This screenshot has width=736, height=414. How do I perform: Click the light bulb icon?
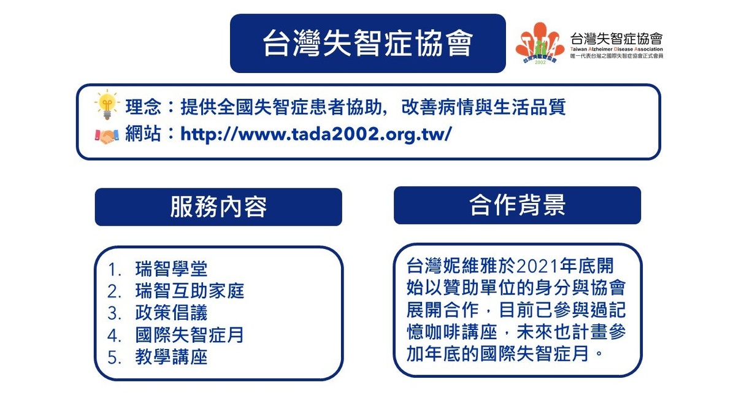point(107,104)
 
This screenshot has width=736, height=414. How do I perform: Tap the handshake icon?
point(107,136)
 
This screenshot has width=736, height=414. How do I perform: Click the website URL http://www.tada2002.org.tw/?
point(316,134)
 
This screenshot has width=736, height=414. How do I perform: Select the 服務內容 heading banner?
point(218,207)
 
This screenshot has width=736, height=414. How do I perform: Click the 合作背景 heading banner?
point(517,205)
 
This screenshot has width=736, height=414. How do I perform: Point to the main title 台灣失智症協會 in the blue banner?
point(367,43)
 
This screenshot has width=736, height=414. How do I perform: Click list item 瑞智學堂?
point(171,269)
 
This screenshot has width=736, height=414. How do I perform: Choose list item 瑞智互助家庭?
point(190,291)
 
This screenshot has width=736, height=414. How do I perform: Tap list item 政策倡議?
point(171,312)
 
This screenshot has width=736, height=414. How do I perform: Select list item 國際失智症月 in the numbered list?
point(190,335)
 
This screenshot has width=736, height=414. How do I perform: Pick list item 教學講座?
point(171,357)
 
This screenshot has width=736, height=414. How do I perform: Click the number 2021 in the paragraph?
point(538,266)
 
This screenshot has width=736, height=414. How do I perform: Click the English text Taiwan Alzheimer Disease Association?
point(616,49)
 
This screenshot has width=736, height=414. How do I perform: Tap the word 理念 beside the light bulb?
point(144,107)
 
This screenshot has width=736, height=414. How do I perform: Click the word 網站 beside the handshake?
point(144,134)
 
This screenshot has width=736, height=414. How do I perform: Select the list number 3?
point(113,313)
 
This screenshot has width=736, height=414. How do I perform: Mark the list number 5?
point(113,358)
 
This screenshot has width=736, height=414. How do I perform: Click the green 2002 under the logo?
point(540,63)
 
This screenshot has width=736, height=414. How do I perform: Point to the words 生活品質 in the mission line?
point(529,107)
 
